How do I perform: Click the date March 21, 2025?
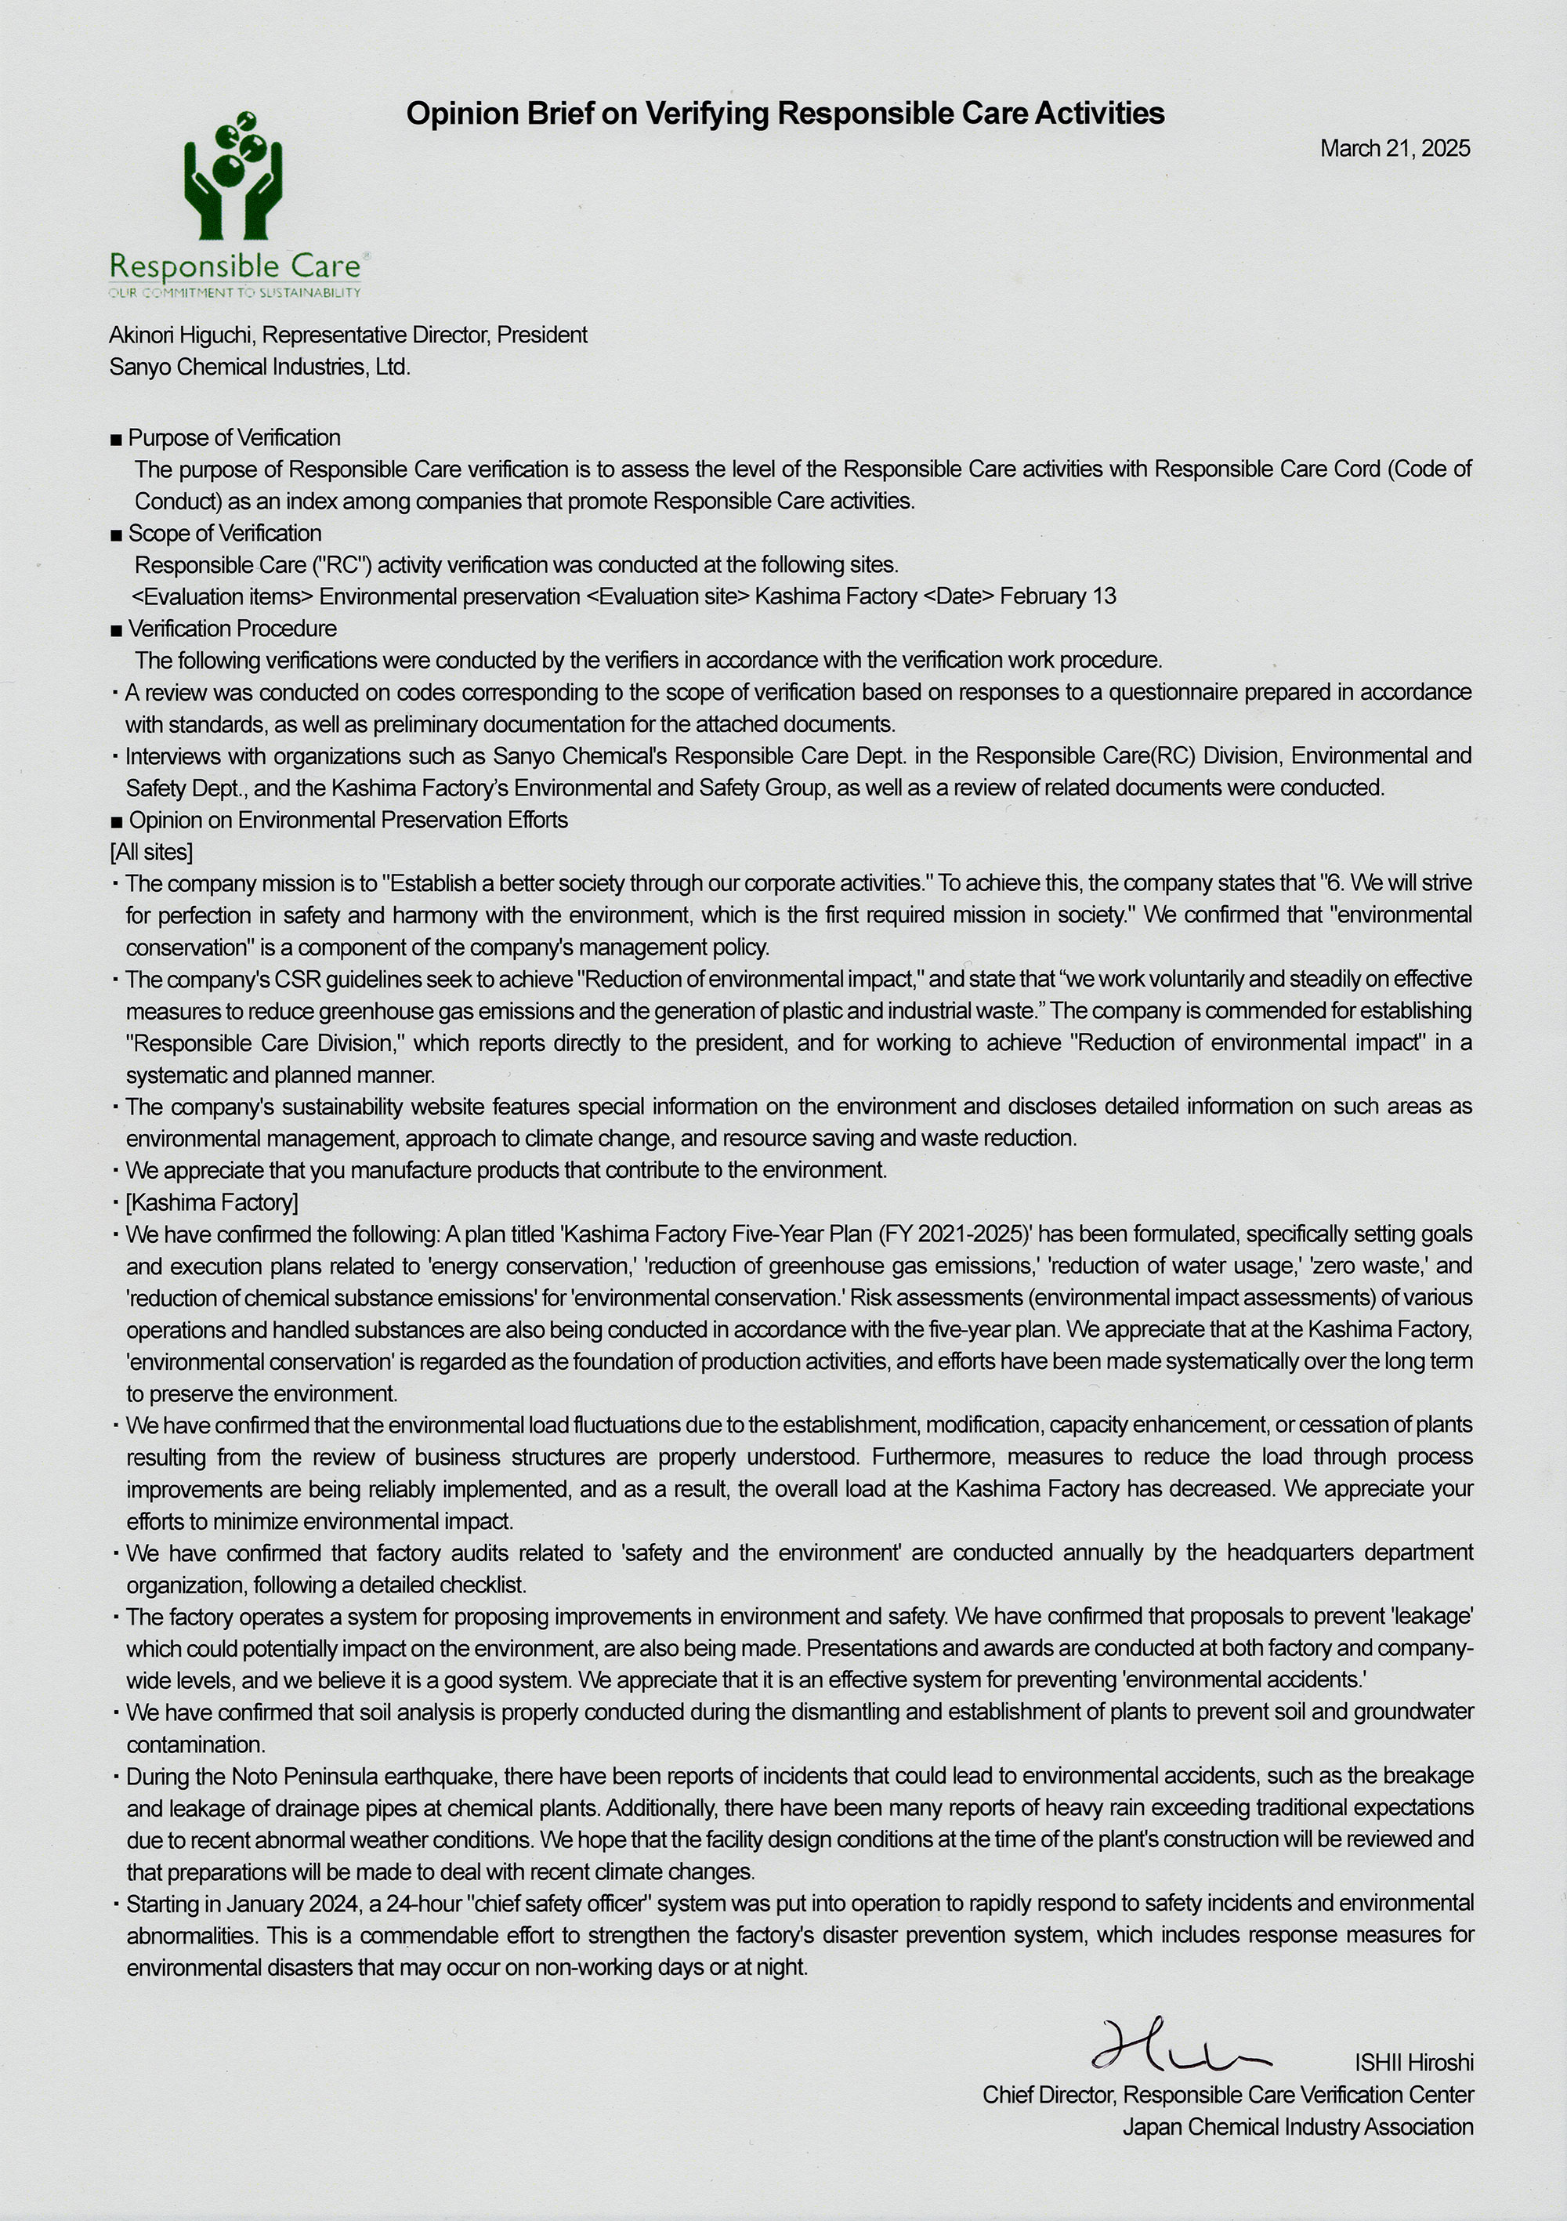point(1394,148)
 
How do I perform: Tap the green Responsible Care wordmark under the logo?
point(235,266)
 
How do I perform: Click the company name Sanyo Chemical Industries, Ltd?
point(259,367)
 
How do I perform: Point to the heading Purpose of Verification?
point(234,437)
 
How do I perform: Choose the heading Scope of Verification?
point(224,533)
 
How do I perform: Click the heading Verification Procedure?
point(232,629)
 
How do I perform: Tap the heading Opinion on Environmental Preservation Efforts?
point(348,821)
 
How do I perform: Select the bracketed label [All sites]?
point(151,852)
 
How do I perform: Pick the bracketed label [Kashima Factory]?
point(212,1202)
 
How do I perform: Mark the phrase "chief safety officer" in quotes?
point(556,1904)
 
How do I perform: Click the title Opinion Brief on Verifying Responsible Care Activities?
point(784,114)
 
